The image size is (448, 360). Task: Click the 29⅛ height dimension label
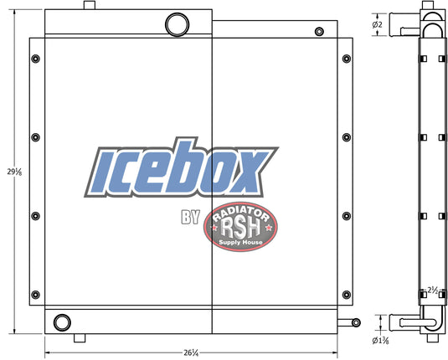click(x=14, y=172)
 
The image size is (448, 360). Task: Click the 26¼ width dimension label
click(x=191, y=352)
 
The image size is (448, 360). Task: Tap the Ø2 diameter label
click(x=377, y=25)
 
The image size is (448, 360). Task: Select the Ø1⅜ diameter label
click(x=380, y=341)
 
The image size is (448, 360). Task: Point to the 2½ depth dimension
click(x=433, y=291)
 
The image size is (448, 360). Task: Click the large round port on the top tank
click(x=178, y=24)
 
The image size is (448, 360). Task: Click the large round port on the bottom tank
click(x=62, y=322)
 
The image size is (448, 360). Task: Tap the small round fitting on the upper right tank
click(x=319, y=32)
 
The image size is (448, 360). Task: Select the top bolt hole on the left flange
click(x=35, y=59)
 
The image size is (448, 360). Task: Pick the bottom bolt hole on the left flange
click(x=35, y=295)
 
